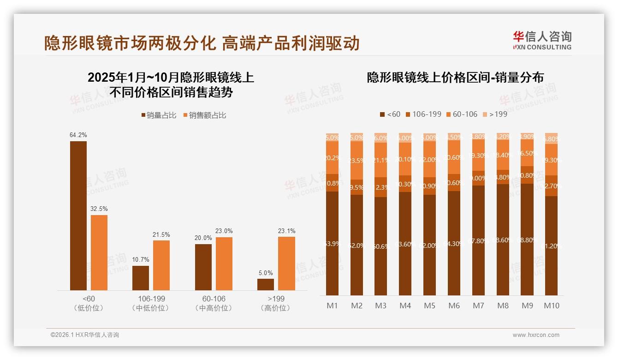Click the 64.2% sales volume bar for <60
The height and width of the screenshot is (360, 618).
coord(78,216)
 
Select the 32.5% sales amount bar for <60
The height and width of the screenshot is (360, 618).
coord(99,252)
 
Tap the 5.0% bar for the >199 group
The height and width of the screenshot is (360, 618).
coord(266,284)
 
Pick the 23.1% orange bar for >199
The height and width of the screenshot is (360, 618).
coord(286,264)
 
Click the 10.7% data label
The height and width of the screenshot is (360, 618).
coord(141,260)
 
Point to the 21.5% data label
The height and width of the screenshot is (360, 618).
coord(161,234)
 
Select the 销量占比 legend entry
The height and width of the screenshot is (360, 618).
coord(159,115)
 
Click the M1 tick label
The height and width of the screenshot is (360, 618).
coord(332,306)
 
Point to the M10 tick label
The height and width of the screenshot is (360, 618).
coord(551,306)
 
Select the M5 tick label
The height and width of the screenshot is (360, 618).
coord(429,306)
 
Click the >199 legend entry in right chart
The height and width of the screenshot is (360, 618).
coord(494,114)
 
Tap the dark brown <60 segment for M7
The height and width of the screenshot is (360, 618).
coord(478,240)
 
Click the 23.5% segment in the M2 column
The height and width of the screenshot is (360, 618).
coord(357,161)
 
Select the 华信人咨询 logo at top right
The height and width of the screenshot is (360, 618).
coord(542,40)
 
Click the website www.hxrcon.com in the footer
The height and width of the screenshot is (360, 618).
coord(535,335)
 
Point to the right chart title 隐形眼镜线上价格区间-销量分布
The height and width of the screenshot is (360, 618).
coord(455,77)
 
